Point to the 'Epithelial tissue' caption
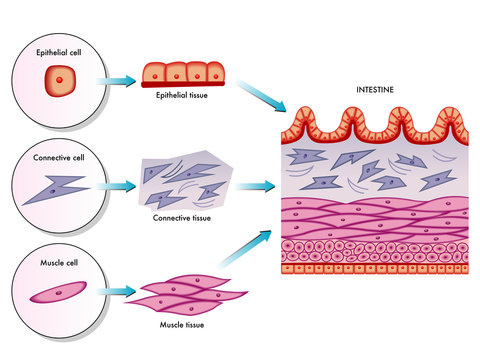click(x=181, y=96)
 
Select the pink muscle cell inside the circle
click(x=62, y=293)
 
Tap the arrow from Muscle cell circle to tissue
click(x=117, y=293)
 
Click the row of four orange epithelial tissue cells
click(x=181, y=74)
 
